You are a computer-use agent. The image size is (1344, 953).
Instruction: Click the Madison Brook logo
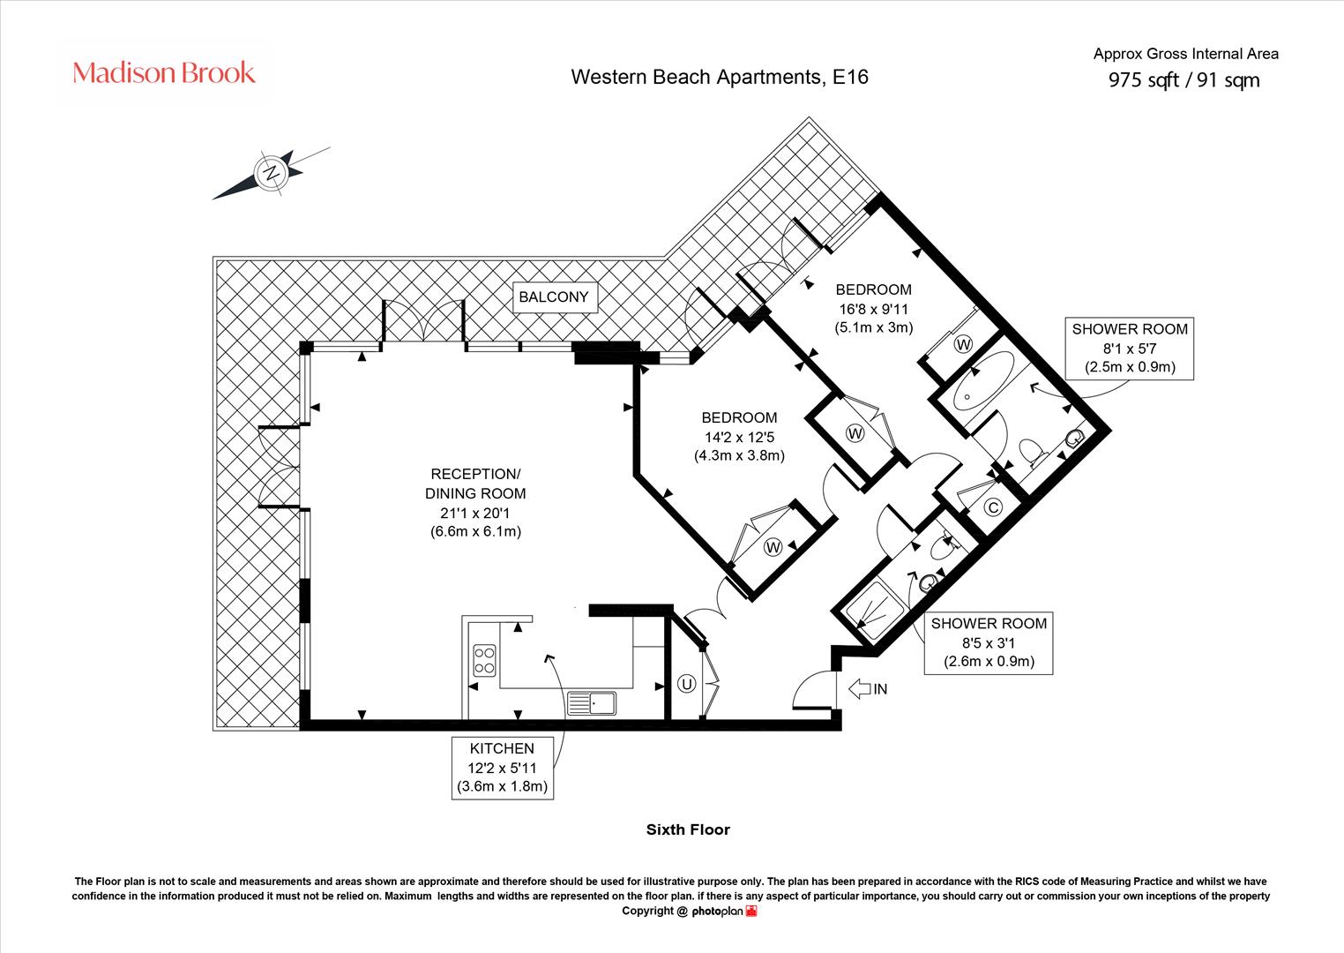click(164, 72)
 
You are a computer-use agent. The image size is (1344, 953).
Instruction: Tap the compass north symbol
click(272, 173)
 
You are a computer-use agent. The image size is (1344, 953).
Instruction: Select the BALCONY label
click(554, 296)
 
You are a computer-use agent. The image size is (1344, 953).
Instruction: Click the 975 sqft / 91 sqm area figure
click(1183, 80)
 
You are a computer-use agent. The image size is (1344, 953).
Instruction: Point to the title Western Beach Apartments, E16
click(720, 77)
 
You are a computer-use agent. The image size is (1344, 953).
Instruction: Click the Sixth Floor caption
click(688, 829)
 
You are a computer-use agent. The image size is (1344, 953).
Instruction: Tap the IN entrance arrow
click(860, 688)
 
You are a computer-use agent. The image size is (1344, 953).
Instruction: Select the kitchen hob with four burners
click(484, 660)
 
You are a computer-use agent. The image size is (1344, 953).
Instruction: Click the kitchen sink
click(592, 703)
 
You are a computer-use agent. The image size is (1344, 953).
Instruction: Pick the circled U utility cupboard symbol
click(686, 684)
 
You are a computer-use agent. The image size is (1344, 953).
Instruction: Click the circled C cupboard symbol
click(994, 508)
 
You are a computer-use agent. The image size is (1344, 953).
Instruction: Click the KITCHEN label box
click(502, 768)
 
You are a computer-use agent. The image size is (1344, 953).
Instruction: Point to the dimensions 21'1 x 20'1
click(475, 513)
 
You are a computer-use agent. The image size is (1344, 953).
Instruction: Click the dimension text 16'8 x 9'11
click(874, 309)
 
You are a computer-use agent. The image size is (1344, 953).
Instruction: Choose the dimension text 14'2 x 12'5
click(739, 437)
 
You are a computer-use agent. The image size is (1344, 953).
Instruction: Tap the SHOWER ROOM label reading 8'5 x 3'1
click(989, 642)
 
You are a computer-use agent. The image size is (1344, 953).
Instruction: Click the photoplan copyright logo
click(724, 911)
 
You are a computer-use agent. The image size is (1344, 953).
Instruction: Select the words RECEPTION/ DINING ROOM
click(475, 484)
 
